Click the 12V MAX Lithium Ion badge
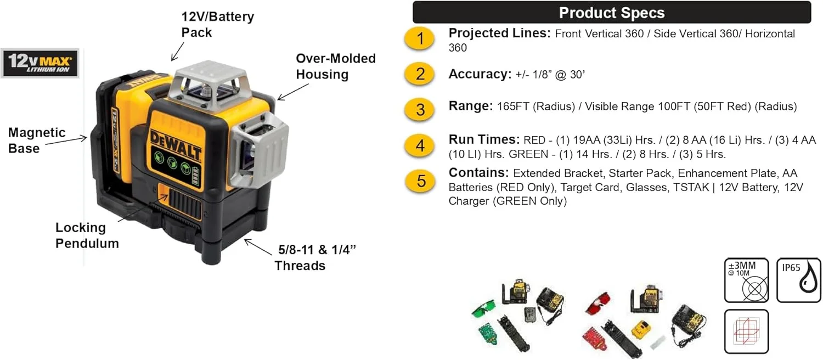point(40,63)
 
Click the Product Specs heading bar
point(611,13)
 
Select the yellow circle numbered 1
point(420,39)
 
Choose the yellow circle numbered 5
point(420,181)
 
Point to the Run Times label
point(483,140)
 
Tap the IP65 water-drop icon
point(798,280)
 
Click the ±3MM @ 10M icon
point(746,280)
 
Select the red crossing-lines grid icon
point(746,331)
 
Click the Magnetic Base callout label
point(36,140)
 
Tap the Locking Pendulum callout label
point(87,235)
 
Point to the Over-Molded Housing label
point(335,66)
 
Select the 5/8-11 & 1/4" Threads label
point(309,258)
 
